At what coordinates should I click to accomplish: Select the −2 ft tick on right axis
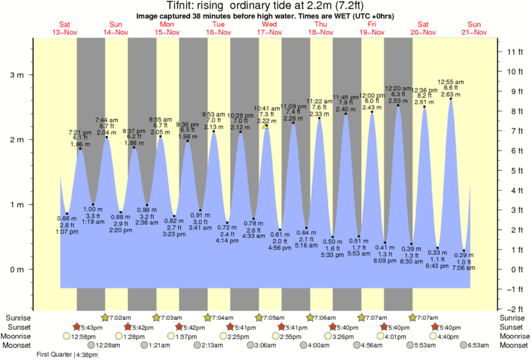coord(514,308)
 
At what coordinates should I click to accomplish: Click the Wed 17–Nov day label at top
coord(269,27)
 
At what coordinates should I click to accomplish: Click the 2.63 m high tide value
coord(450,94)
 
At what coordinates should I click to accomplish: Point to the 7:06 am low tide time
coord(463,268)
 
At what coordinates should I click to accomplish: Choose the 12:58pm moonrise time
coord(85,336)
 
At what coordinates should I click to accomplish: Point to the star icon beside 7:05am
coord(259,318)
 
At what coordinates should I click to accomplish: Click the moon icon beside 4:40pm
coord(433,336)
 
